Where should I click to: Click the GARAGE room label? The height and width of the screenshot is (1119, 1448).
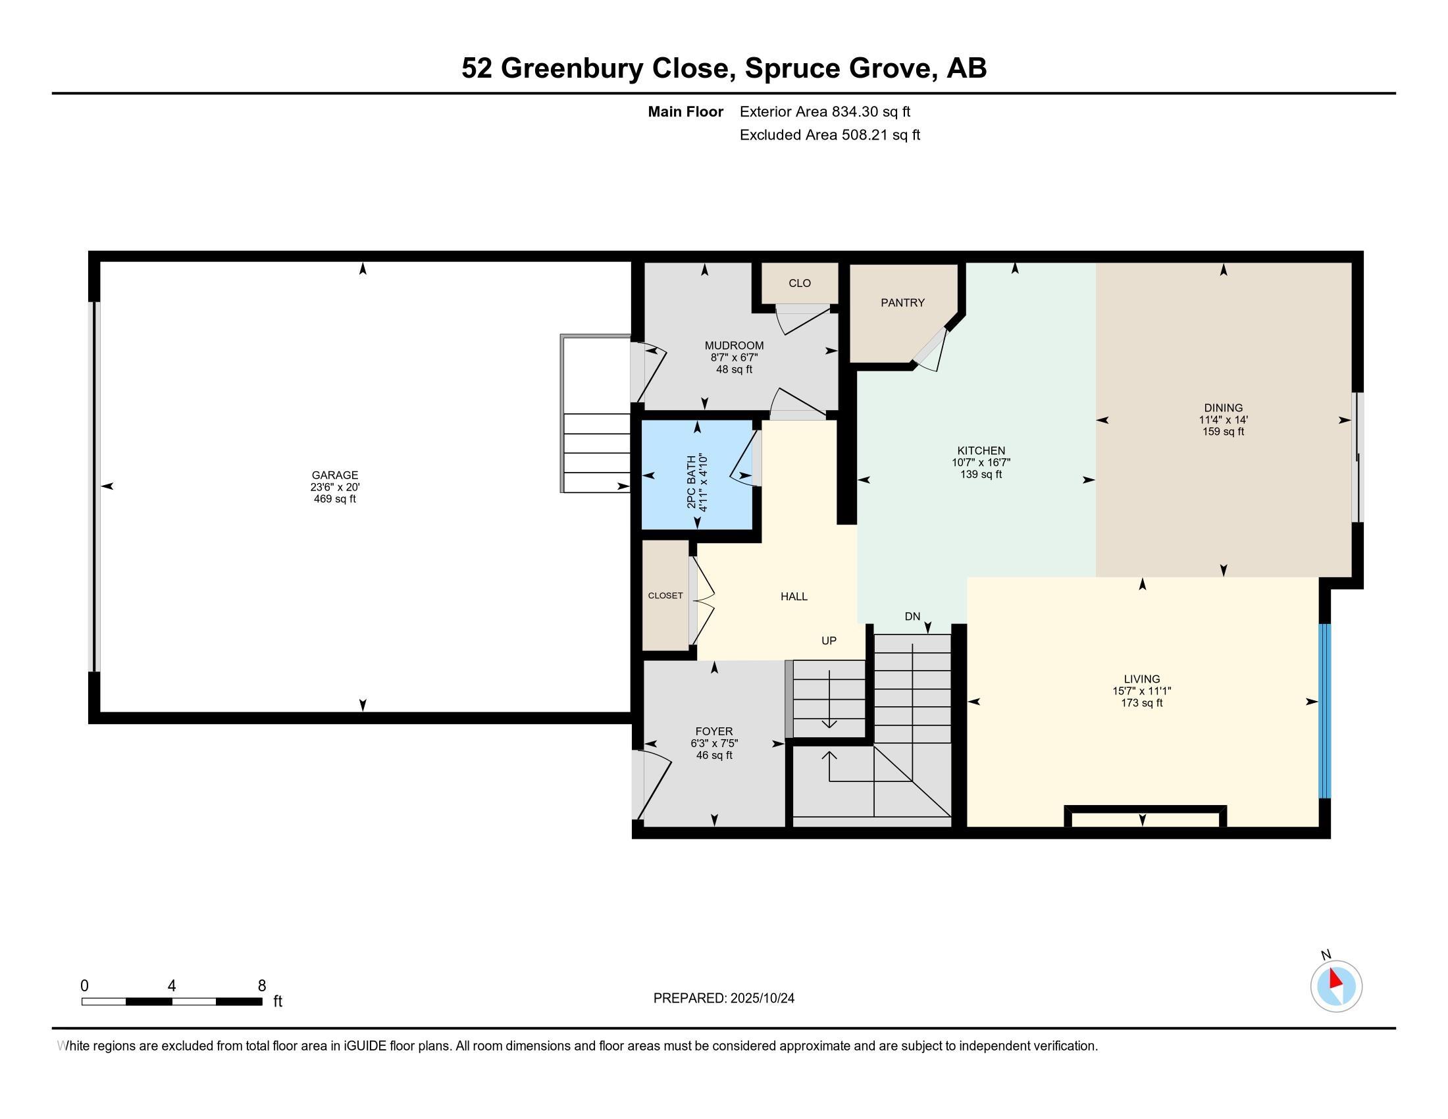click(335, 475)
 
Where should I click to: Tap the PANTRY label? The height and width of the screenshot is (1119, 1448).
click(902, 303)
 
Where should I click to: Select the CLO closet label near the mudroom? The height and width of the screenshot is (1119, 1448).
click(800, 283)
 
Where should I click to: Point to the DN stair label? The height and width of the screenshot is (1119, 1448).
click(912, 617)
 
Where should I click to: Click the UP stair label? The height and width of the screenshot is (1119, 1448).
click(829, 641)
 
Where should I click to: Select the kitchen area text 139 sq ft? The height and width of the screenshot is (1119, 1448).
click(981, 475)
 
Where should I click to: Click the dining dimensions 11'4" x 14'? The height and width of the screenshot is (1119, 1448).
click(1224, 421)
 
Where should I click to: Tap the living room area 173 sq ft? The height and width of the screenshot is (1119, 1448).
click(1142, 703)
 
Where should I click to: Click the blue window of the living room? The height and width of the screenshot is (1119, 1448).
click(1324, 710)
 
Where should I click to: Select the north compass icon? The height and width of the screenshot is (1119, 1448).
click(1336, 986)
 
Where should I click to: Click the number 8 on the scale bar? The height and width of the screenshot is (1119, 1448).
click(261, 986)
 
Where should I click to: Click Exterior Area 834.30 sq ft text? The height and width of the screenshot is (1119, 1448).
click(825, 112)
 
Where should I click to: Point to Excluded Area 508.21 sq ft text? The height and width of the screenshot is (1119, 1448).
click(829, 135)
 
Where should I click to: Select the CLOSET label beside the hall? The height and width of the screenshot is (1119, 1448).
click(665, 596)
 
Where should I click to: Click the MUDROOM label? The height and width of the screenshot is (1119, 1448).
click(734, 346)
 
